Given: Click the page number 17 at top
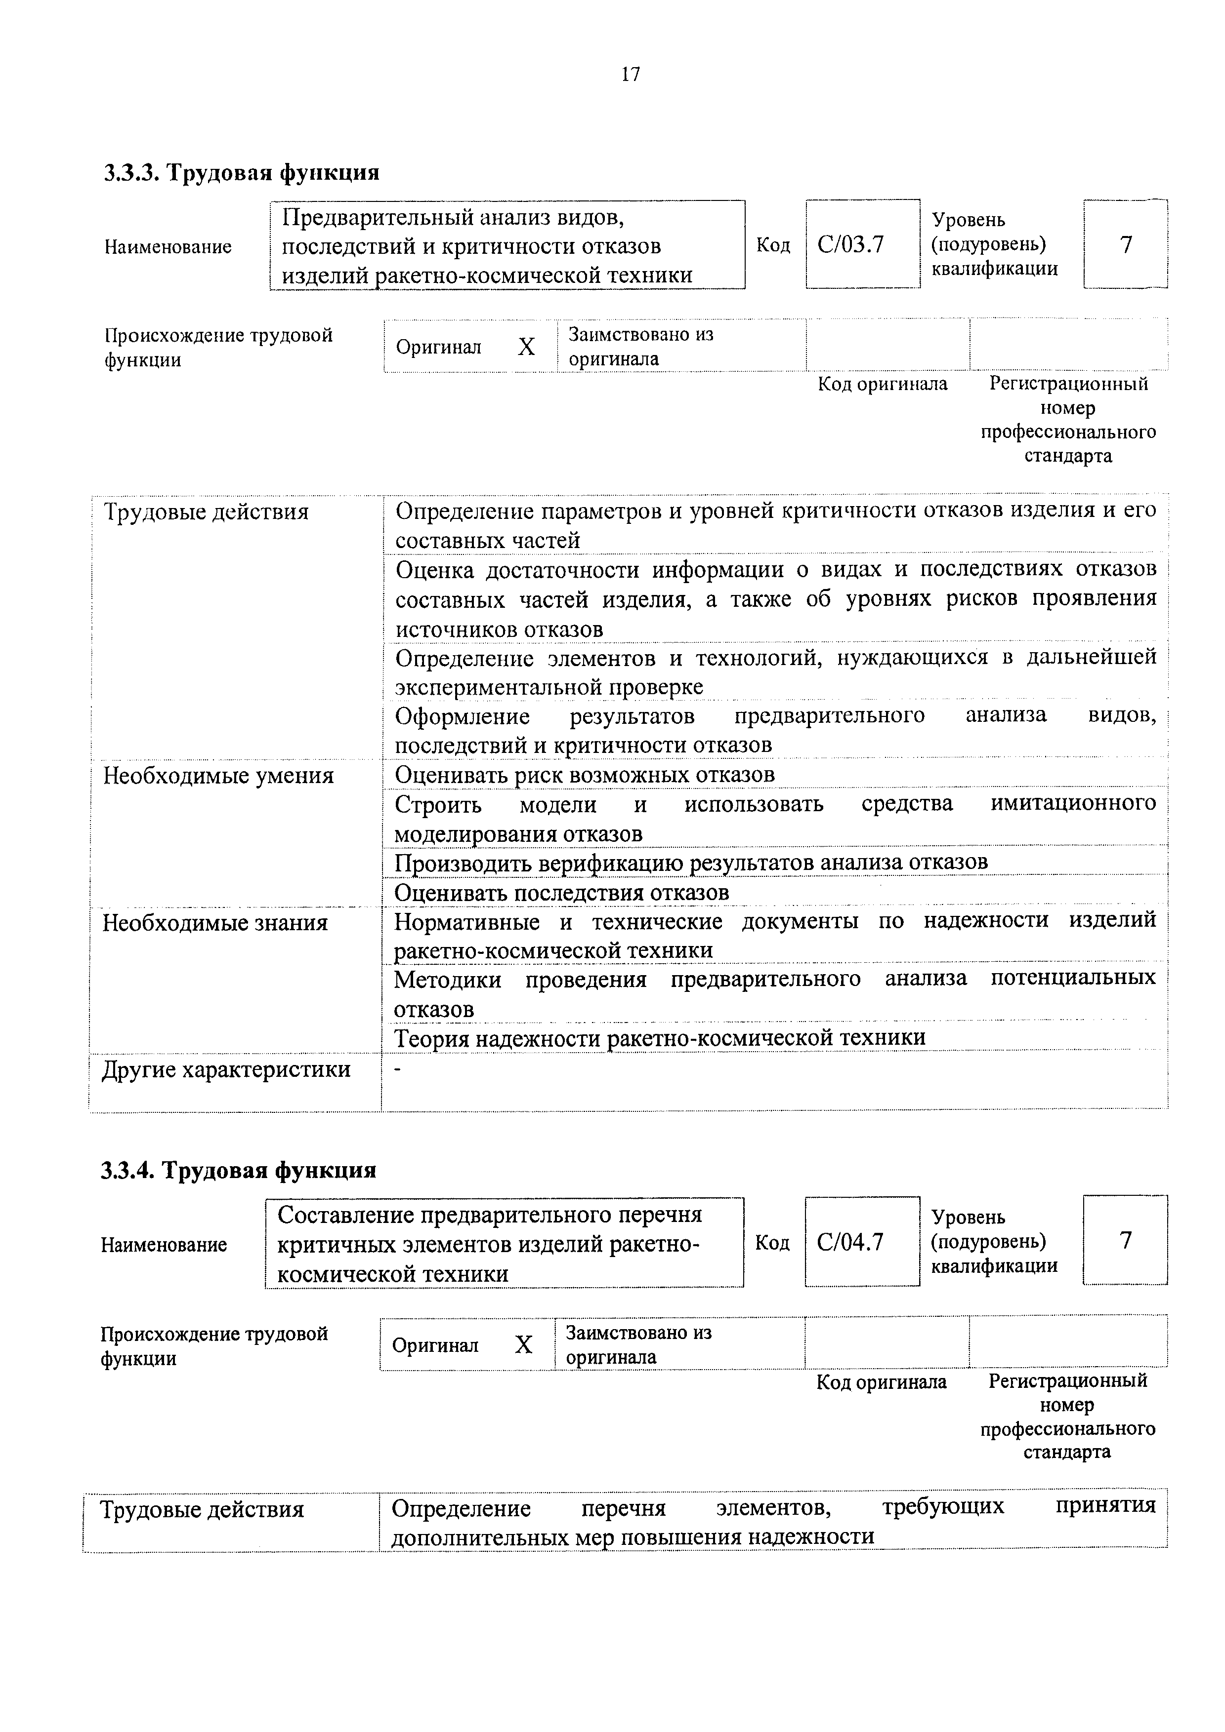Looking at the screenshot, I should (630, 74).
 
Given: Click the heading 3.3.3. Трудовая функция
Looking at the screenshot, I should (242, 173).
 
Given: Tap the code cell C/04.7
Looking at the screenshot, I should (850, 1242).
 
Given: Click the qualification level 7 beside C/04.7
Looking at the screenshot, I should (1125, 1240).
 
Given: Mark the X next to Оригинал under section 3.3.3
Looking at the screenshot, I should (526, 347).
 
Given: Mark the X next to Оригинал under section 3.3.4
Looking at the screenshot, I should (523, 1344).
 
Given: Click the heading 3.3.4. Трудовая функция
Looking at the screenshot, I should (239, 1170).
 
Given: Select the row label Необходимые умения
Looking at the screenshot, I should (218, 776).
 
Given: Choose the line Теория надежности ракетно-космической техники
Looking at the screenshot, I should (660, 1038).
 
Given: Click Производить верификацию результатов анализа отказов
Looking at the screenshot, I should (691, 862).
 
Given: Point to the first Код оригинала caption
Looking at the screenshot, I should (883, 384).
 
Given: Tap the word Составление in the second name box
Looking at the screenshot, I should (345, 1215).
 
